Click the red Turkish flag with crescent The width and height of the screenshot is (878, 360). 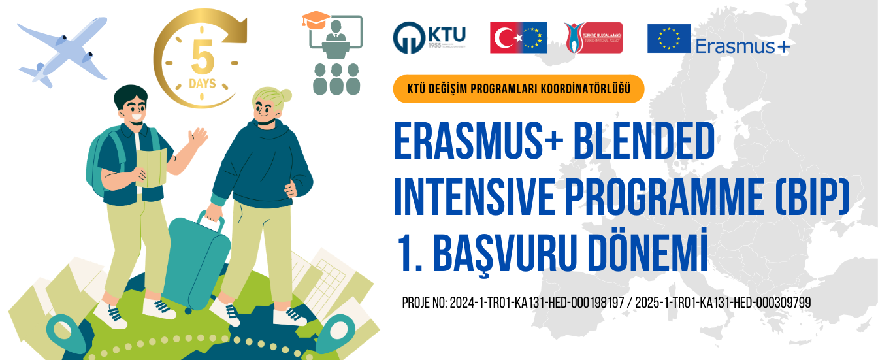click(504, 38)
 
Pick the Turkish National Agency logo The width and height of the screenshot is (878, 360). click(593, 37)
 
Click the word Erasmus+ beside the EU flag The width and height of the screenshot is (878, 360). click(743, 46)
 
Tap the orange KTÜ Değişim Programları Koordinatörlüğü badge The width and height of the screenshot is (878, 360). click(519, 90)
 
